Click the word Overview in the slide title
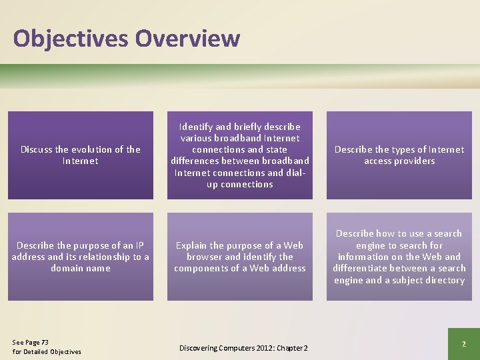tap(187, 38)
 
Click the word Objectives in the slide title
tap(71, 38)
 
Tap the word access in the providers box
tap(377, 161)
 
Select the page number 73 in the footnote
tap(44, 343)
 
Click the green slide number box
tap(463, 343)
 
